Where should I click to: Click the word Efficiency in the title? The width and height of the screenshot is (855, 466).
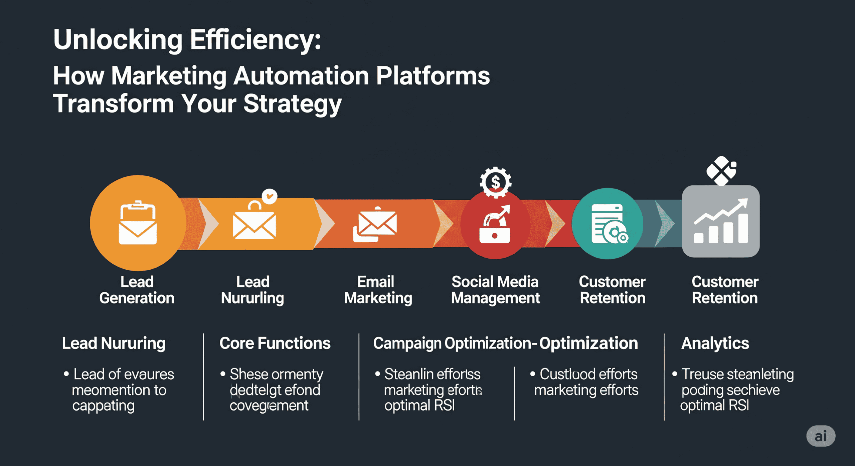255,40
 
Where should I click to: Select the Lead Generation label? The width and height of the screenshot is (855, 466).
137,290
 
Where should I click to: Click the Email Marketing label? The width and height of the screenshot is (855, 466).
378,290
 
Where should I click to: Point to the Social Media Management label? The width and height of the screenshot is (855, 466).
495,290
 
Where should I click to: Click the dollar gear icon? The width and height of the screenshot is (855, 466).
495,182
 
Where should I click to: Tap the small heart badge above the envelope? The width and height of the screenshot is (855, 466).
270,196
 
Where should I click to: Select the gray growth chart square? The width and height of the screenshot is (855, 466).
721,221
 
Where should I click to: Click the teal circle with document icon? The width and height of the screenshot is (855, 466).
608,224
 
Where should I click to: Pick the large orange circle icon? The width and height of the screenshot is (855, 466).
138,223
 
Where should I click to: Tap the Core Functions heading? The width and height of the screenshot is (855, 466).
275,343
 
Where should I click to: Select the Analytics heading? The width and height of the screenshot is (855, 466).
715,343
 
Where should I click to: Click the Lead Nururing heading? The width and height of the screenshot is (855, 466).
114,343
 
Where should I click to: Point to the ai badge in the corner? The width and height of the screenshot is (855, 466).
821,436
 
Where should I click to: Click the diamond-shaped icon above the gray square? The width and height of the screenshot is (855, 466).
721,171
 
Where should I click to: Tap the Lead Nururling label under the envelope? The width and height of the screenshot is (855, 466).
252,290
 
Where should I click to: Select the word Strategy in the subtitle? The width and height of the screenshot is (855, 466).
292,104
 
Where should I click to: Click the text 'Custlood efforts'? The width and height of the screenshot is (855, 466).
588,374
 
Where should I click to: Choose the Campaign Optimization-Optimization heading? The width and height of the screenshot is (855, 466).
505,343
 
